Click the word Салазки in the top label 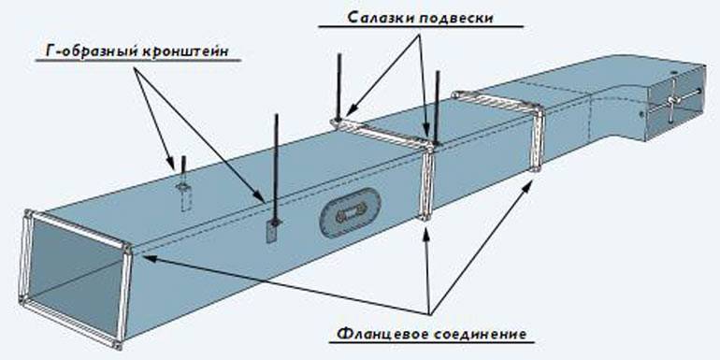coord(375,18)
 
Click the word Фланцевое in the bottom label coord(383,334)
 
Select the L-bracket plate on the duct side coord(272,231)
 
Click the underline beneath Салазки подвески coord(421,26)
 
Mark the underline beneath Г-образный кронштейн coord(138,60)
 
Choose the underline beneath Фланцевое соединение coord(432,343)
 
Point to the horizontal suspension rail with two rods coord(382,132)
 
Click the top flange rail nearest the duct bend coord(497,102)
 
